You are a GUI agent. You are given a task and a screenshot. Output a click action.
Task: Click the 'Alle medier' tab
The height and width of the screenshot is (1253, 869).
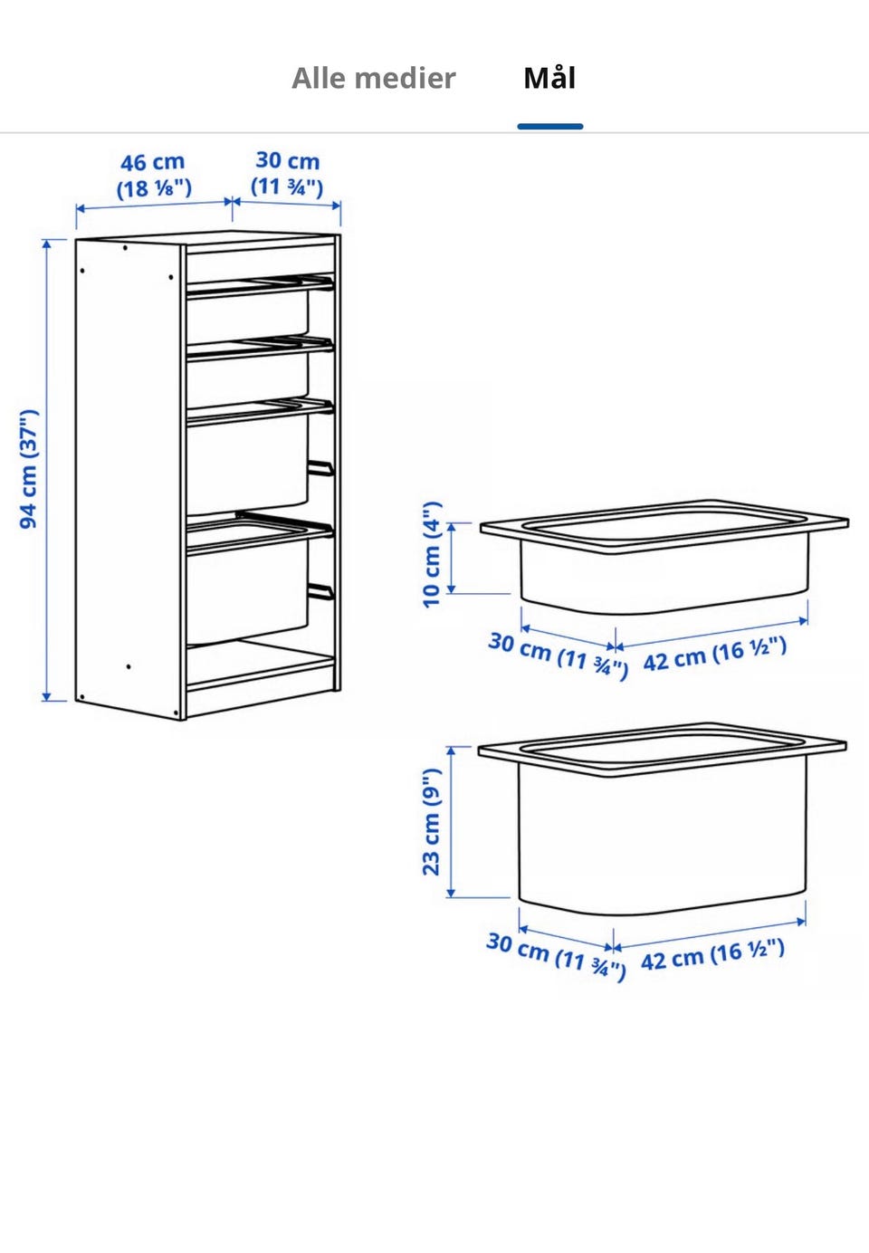coord(374,78)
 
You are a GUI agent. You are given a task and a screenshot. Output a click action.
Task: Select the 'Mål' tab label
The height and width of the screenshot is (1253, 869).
coord(549,78)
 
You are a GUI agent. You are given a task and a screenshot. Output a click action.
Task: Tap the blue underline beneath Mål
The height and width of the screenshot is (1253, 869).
coord(550,127)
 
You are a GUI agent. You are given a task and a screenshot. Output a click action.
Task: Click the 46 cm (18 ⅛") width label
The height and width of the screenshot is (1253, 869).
coord(153,175)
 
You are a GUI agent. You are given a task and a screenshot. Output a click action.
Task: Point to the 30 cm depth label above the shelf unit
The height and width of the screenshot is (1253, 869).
coord(288,173)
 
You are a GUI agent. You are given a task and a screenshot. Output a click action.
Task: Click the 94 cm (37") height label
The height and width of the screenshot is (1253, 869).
coord(29,469)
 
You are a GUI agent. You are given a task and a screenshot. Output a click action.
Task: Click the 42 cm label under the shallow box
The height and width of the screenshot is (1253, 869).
coord(714,654)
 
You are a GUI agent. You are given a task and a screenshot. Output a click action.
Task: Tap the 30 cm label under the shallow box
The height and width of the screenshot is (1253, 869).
coord(559,655)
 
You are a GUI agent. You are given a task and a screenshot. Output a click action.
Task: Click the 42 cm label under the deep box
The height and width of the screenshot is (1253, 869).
coord(712,955)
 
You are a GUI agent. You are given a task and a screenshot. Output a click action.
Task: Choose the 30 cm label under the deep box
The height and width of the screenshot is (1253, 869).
coord(556,957)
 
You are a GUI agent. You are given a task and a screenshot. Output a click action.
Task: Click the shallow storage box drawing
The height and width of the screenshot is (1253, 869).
coord(664,557)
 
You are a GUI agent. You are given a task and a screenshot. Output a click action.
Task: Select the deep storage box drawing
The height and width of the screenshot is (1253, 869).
coord(663,820)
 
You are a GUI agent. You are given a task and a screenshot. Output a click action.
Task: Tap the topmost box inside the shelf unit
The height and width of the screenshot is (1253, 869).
coord(247,314)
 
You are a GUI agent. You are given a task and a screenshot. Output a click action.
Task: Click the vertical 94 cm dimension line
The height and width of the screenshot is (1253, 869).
coord(47,470)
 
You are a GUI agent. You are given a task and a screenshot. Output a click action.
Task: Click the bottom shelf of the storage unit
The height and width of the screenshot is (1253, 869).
coord(261,665)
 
